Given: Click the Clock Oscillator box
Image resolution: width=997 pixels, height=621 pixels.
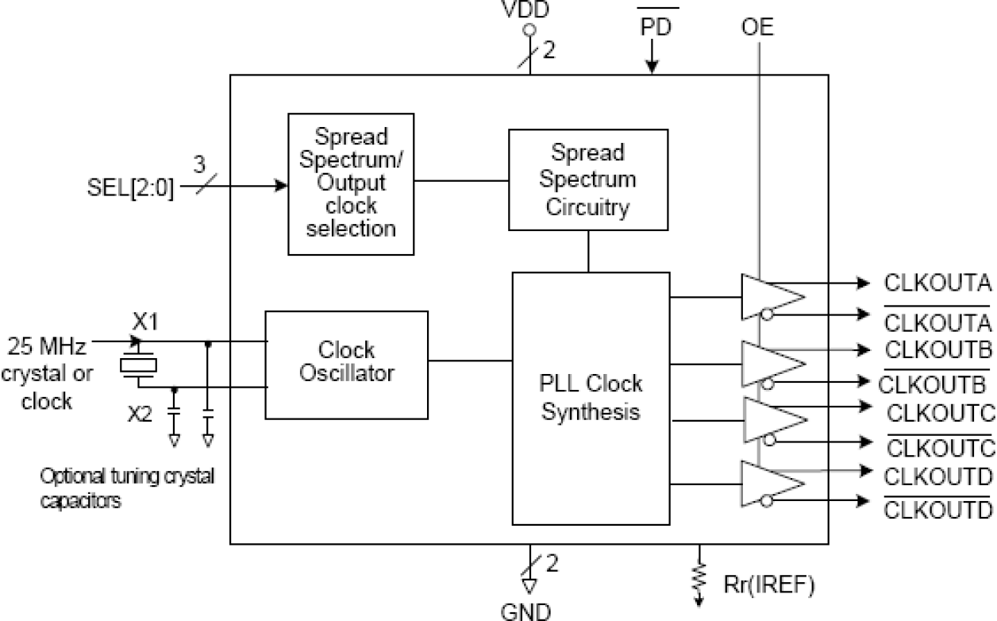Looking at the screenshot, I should (x=346, y=364).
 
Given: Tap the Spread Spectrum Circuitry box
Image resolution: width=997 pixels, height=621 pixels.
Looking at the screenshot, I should (x=587, y=179).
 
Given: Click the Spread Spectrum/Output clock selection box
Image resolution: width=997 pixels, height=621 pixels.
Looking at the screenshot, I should (x=350, y=184).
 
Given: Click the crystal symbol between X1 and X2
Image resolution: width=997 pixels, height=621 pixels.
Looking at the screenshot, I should (x=139, y=364).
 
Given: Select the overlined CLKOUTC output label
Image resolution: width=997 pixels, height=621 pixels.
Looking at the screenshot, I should (x=940, y=447).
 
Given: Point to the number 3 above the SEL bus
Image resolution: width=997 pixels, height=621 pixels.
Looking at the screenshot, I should (x=199, y=165).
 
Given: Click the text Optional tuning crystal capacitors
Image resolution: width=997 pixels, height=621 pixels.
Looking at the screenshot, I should (x=127, y=488).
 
